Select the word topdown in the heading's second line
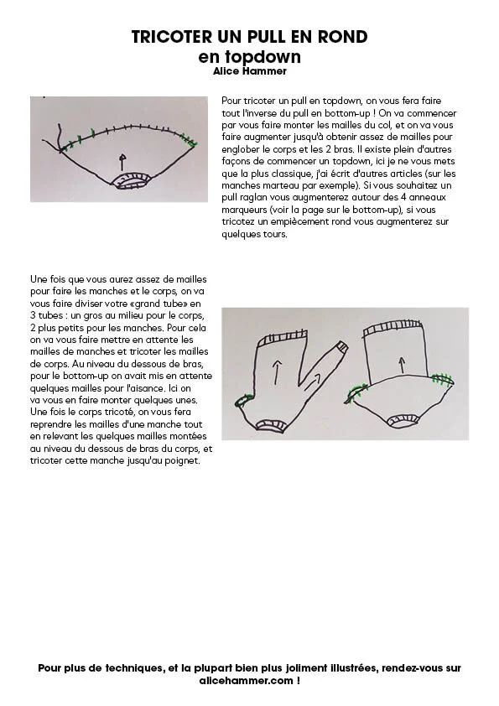pyautogui.click(x=263, y=57)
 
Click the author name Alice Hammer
pyautogui.click(x=250, y=71)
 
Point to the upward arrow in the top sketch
pyautogui.click(x=122, y=162)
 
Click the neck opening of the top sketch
pyautogui.click(x=131, y=180)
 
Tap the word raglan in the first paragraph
pyautogui.click(x=254, y=198)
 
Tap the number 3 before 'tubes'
pyautogui.click(x=33, y=315)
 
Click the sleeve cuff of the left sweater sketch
pyautogui.click(x=342, y=347)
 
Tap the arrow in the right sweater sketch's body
pyautogui.click(x=402, y=365)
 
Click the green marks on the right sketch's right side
pyautogui.click(x=442, y=379)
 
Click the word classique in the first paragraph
pyautogui.click(x=291, y=174)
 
